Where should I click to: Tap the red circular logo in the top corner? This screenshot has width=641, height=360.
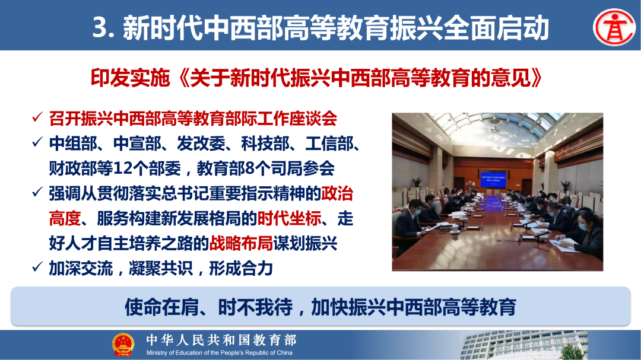614,27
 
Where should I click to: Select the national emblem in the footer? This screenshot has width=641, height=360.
123,345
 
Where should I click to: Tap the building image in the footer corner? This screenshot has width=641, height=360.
522,345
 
